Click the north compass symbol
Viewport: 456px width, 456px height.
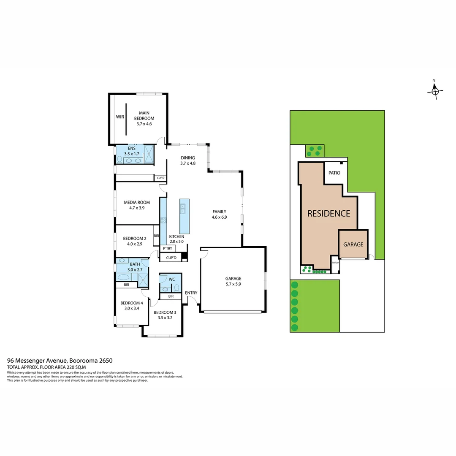click(x=435, y=90)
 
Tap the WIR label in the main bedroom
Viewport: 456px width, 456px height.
click(x=120, y=117)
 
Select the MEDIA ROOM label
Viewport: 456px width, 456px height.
click(x=137, y=202)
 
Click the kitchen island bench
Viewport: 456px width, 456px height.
click(x=184, y=216)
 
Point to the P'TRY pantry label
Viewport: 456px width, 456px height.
click(x=168, y=249)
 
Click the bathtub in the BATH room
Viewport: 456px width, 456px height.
click(x=124, y=277)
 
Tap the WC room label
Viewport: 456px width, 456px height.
click(x=172, y=279)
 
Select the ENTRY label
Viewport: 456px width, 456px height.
click(x=191, y=293)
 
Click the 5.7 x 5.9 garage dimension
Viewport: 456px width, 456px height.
click(x=233, y=284)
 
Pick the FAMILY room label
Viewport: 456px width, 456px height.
click(x=219, y=212)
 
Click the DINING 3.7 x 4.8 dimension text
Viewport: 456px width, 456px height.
click(x=188, y=163)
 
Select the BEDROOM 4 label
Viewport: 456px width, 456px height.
click(x=131, y=303)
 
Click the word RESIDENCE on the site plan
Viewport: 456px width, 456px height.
click(x=328, y=214)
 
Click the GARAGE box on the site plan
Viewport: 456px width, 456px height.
click(x=353, y=244)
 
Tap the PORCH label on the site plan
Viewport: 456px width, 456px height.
click(x=335, y=262)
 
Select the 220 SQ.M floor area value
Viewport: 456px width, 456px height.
click(x=76, y=367)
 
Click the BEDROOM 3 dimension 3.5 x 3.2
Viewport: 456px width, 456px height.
click(x=165, y=318)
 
